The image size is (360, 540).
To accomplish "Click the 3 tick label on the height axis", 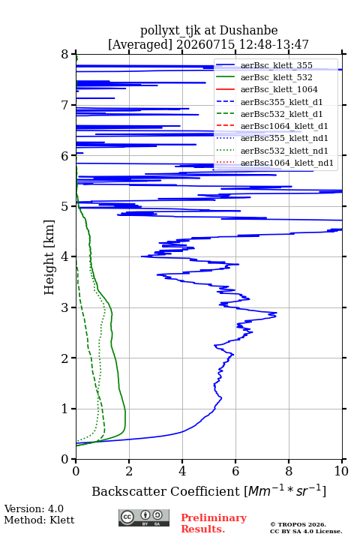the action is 65,307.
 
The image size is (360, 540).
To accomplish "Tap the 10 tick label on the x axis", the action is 341,471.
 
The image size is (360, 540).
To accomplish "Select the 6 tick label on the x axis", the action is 235,471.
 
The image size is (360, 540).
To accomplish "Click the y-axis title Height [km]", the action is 49,257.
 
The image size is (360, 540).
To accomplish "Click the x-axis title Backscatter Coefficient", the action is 166,491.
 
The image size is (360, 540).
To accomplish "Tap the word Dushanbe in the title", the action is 248,31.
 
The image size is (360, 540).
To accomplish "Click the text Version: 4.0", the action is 34,508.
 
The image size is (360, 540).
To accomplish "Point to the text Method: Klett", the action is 39,520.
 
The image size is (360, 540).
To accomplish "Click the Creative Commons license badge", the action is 144,517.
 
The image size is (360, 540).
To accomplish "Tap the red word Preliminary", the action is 214,517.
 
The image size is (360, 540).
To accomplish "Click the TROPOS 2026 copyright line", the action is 298,524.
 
